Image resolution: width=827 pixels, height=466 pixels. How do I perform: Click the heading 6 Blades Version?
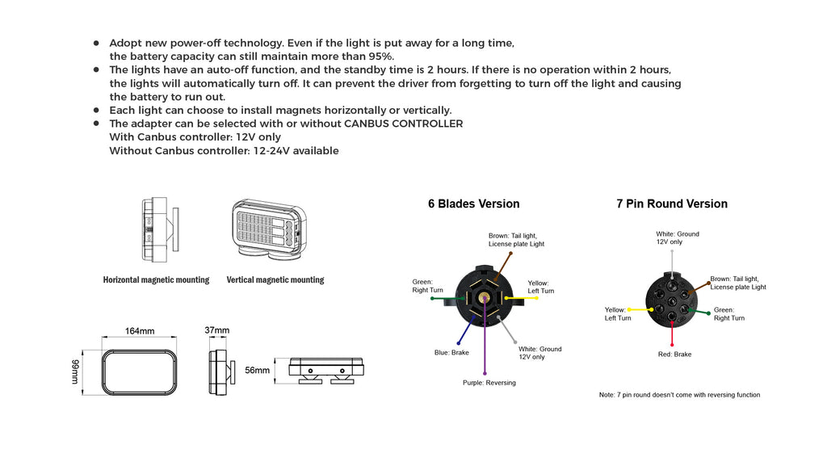[x=473, y=204]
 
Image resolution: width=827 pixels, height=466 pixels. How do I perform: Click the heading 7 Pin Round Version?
[x=671, y=204]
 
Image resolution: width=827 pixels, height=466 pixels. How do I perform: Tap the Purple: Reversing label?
[x=489, y=383]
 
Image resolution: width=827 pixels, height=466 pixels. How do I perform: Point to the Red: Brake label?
[x=674, y=355]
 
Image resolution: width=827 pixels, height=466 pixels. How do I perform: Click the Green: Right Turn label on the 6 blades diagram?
[x=427, y=286]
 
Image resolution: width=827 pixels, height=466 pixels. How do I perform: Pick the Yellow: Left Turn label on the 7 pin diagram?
[x=618, y=314]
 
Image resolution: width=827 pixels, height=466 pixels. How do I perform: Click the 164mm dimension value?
[x=140, y=331]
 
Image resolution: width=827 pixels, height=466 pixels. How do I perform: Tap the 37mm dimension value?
[x=216, y=330]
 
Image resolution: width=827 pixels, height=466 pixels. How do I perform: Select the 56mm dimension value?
[x=257, y=371]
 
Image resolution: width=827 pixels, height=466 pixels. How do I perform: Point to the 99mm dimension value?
[x=76, y=371]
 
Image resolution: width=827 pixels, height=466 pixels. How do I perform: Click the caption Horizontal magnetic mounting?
[x=156, y=280]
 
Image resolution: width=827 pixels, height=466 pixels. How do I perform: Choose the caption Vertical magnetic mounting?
[x=275, y=280]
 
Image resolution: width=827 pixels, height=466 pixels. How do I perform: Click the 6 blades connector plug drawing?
[x=482, y=296]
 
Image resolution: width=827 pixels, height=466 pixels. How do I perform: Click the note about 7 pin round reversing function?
[x=678, y=395]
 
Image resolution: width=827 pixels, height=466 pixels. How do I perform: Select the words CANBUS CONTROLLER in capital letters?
[x=403, y=124]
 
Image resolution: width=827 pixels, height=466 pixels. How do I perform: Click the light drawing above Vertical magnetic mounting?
[x=267, y=230]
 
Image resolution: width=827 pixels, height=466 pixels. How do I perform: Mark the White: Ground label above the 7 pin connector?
[x=677, y=238]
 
